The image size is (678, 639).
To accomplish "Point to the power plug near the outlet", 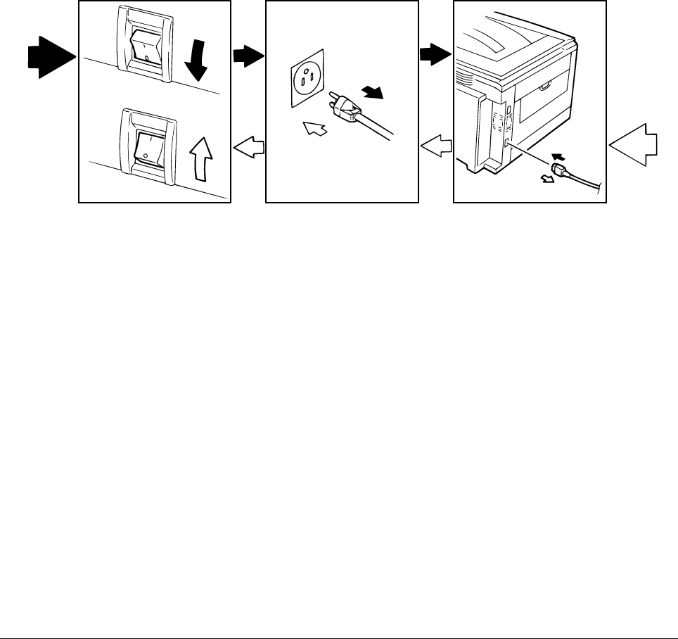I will (x=343, y=107).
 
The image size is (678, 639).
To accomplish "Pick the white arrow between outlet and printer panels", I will (x=435, y=146).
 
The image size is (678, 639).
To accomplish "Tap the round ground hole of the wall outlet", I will (x=305, y=68).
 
